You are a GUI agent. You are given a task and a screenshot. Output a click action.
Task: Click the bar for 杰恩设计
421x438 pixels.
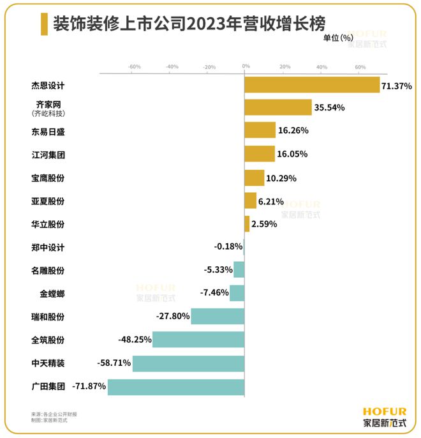click(x=312, y=85)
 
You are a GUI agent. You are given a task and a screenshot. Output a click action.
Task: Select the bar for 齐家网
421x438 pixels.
click(x=278, y=107)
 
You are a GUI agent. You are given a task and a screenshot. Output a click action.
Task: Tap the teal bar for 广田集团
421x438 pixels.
click(x=176, y=387)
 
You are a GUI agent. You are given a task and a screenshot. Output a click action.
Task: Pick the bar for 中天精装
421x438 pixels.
click(x=188, y=363)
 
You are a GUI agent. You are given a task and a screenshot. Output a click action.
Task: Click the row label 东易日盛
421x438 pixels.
click(x=48, y=132)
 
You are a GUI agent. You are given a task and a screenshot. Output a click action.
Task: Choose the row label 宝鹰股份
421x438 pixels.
click(x=48, y=178)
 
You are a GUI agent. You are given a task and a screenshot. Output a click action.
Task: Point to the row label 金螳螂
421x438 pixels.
click(x=52, y=294)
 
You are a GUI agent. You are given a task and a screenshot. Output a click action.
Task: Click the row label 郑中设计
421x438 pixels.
click(x=48, y=247)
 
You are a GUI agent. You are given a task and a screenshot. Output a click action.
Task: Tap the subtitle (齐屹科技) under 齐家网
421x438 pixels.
click(x=48, y=114)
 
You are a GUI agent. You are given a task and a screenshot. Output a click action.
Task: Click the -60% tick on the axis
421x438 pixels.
click(x=134, y=66)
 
